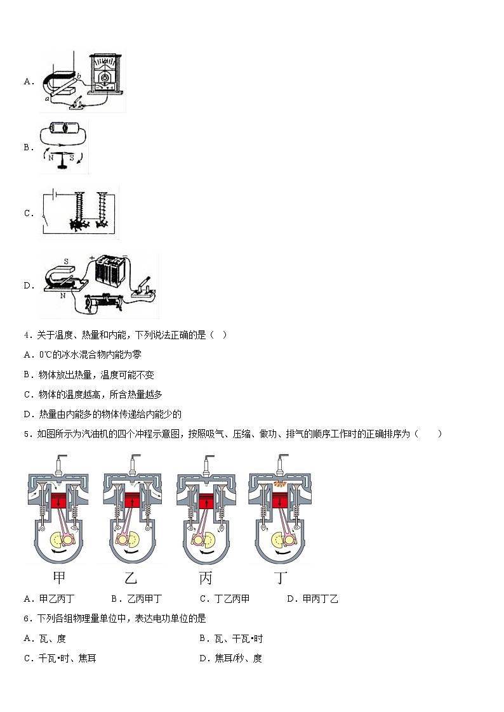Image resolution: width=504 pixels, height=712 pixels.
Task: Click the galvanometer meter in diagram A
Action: pos(105,76)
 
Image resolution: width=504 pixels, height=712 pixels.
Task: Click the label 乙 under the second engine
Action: pos(131,578)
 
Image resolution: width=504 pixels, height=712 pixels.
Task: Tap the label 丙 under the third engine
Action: pos(205,578)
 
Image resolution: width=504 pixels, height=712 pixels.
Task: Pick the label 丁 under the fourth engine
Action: pos(280,578)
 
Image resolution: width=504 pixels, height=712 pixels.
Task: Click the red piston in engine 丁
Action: pos(280,500)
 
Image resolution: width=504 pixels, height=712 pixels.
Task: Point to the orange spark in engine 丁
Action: pos(280,484)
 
